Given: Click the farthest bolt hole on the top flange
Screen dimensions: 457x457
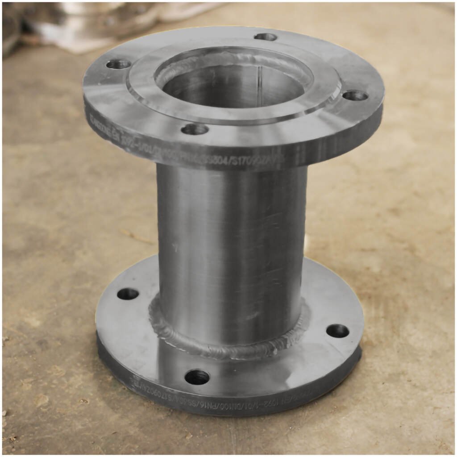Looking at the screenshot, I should (x=266, y=37).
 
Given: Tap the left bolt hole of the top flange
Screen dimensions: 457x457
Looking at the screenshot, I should (x=118, y=64).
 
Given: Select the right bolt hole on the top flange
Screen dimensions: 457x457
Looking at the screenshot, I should (x=355, y=96).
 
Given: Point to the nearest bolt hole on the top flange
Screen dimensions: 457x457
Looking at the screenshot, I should (x=195, y=129).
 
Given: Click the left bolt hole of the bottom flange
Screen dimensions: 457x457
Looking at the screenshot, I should (x=128, y=294).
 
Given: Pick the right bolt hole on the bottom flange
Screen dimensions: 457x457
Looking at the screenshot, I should (x=337, y=331).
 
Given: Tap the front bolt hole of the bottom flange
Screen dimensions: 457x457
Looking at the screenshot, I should (x=197, y=377).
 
